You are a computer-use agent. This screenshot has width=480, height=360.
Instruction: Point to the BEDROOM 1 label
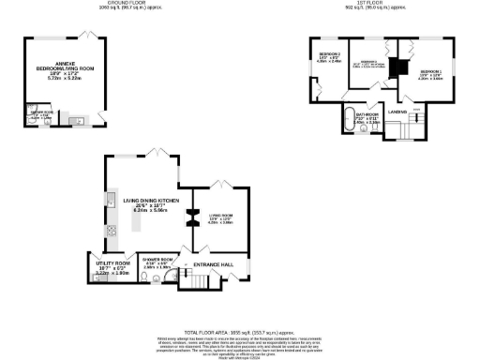pyautogui.click(x=430, y=72)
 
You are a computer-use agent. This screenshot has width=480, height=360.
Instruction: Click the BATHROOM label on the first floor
pyautogui.click(x=366, y=114)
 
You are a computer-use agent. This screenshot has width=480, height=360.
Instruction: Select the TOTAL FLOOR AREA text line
pyautogui.click(x=240, y=332)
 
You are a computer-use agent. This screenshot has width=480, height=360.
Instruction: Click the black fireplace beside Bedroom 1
pyautogui.click(x=394, y=68)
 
